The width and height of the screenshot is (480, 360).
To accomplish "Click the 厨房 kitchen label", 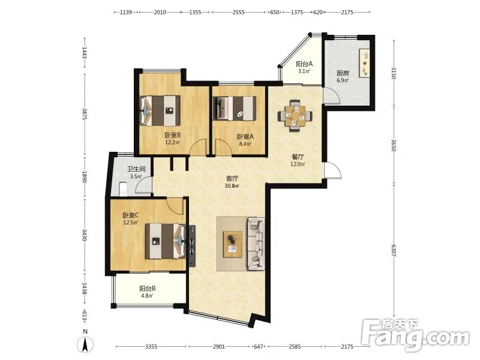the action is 343,73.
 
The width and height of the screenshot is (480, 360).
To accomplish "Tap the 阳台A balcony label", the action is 304,64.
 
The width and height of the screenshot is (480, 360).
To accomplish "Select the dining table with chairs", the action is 295,116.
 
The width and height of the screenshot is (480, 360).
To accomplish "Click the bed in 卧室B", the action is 160,111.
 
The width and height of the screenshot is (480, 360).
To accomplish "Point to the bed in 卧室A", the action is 235,109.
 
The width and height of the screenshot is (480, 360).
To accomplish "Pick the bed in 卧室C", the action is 166,241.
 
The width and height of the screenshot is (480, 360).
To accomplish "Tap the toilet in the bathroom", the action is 122,189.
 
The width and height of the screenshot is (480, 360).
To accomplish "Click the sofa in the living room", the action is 256,244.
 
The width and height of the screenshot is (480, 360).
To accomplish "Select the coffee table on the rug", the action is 233,244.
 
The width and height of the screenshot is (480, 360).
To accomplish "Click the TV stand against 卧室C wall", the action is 192,246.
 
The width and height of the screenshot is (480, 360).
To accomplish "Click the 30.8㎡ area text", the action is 232,186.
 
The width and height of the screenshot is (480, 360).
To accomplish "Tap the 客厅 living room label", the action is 232,178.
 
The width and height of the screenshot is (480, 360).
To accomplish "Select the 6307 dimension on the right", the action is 394,250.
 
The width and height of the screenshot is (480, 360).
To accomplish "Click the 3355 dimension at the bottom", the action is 151,347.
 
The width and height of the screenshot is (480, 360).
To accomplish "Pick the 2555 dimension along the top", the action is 238,12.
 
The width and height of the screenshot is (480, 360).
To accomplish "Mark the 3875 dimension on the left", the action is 85,113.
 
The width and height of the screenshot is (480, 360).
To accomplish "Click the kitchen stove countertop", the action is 364,64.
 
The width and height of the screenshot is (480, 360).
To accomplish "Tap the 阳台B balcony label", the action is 148,289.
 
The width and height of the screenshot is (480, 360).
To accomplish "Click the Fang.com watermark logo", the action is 415,335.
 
